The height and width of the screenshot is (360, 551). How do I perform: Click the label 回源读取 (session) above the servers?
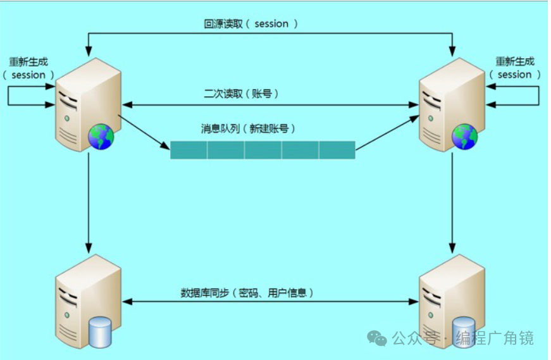[251, 24]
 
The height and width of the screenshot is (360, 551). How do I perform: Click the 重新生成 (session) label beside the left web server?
[28, 68]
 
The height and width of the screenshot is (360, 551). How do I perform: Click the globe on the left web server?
[101, 137]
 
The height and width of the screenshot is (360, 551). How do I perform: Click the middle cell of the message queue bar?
[263, 150]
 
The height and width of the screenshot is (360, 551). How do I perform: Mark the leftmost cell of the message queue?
[189, 150]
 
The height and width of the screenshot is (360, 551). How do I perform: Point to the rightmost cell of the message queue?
[337, 150]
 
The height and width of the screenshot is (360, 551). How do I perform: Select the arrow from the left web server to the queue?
[144, 133]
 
